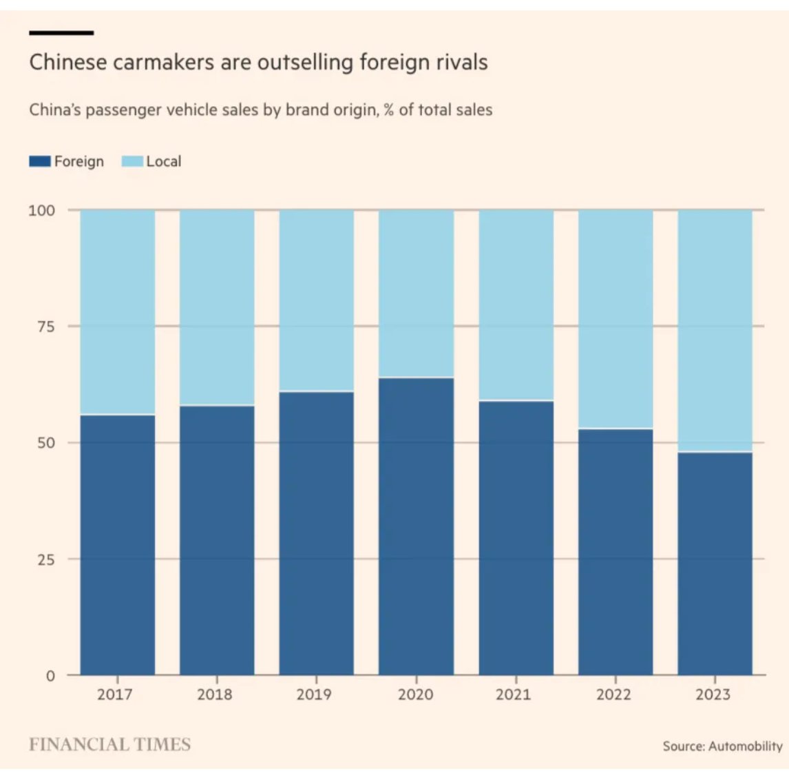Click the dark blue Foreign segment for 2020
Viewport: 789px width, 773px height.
[x=416, y=526]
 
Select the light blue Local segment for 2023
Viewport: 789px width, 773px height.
[x=715, y=331]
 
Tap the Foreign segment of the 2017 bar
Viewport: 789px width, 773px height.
[x=118, y=544]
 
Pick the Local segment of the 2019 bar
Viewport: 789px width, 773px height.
[x=316, y=300]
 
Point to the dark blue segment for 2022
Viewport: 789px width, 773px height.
[x=615, y=551]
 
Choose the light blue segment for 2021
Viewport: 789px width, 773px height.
[x=516, y=305]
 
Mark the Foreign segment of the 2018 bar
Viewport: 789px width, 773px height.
[x=217, y=540]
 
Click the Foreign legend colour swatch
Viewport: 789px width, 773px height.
[x=39, y=162]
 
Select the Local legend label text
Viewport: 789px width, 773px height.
[x=163, y=162]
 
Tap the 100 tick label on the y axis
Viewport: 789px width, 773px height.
[x=41, y=210]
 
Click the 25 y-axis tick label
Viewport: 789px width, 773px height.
[x=46, y=559]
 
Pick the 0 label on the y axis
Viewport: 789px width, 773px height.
[x=50, y=676]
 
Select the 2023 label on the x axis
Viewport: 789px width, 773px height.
[x=713, y=694]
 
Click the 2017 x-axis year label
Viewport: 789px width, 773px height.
[x=114, y=694]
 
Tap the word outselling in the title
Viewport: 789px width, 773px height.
[x=304, y=63]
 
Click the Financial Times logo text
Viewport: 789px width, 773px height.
[x=109, y=745]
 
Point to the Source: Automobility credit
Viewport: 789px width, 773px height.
[x=722, y=746]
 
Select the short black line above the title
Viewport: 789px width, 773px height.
[x=61, y=32]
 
